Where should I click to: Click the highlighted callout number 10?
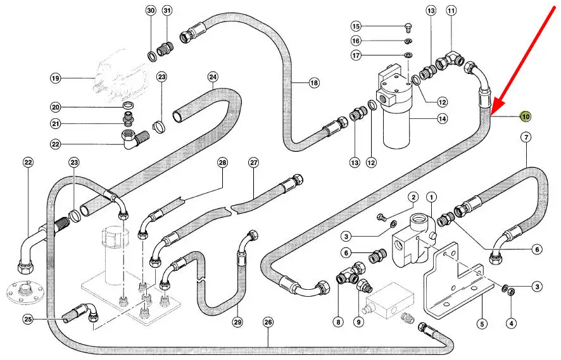coord(526,116)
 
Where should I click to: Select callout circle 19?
coord(55,78)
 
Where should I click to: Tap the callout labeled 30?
coord(151,11)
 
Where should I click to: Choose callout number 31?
coord(167,11)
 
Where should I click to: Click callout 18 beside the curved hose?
coord(314,83)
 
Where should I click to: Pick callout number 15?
coord(356,26)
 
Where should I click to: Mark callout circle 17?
coord(356,56)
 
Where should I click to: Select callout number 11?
coord(451,11)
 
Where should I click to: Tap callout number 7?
coord(526,137)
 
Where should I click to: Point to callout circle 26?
coord(268,323)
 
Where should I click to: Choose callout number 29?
coord(237,323)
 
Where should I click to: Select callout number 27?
coord(254,163)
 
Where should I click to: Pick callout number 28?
coord(222,163)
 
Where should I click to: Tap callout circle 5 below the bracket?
coord(482,324)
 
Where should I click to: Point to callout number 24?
coord(213,78)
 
